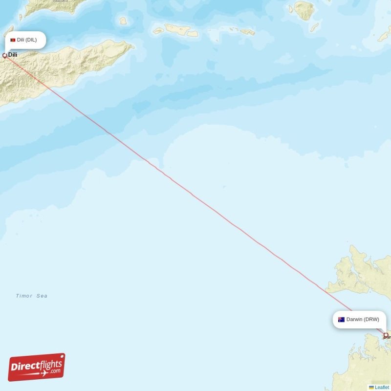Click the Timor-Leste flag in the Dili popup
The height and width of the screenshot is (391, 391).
point(13,40)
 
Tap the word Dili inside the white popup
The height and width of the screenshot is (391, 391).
point(21,40)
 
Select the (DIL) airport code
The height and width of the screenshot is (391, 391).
point(31,40)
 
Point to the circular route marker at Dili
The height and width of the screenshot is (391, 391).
point(5,55)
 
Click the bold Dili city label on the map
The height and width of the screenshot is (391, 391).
point(13,55)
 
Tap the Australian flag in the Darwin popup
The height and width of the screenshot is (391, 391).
point(341,320)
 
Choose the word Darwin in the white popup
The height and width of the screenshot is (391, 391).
point(354,320)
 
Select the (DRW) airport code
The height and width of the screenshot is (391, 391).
point(371,320)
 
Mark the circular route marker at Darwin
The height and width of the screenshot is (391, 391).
point(386,335)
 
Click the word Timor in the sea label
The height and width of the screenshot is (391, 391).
point(24,296)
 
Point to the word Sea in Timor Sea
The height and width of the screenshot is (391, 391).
point(42,296)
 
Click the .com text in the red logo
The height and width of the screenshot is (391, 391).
point(55,370)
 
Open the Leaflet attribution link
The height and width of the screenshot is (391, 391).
point(382,388)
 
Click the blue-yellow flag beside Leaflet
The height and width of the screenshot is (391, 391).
point(371,388)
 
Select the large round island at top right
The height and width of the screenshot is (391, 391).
point(304,10)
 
